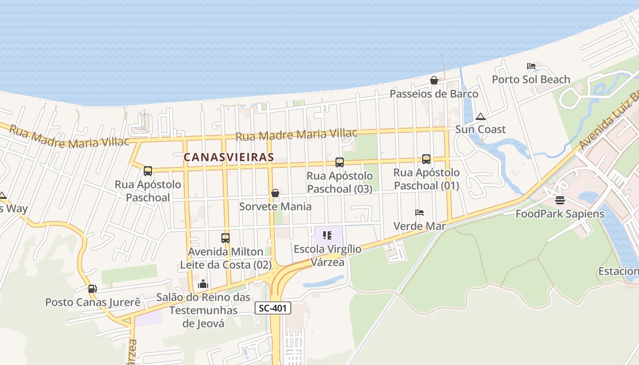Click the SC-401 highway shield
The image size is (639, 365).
tap(272, 308)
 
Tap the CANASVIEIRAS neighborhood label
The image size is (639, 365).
tap(229, 157)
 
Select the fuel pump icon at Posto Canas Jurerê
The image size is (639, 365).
tap(92, 288)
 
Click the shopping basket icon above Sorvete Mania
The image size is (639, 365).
tap(275, 193)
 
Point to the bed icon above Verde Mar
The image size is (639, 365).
tap(419, 213)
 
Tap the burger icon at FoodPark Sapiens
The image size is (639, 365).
tap(560, 200)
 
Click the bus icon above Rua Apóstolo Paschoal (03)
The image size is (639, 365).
tap(339, 162)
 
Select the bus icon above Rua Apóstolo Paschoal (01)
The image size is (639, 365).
tap(426, 159)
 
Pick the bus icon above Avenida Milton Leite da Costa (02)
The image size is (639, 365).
tap(225, 238)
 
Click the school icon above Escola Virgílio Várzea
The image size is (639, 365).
tap(327, 235)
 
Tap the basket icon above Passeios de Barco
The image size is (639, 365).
tap(434, 80)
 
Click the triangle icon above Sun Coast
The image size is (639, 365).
tap(480, 116)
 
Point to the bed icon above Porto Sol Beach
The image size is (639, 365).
tap(531, 66)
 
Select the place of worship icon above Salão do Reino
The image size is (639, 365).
tap(203, 284)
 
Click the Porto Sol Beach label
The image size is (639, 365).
tap(531, 79)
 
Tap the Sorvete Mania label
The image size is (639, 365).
tap(275, 207)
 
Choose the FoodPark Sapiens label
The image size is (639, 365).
tap(560, 214)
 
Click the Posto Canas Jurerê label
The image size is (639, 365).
tap(93, 302)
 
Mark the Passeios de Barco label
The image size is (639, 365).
tap(434, 94)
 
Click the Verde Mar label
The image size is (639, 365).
tap(419, 226)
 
